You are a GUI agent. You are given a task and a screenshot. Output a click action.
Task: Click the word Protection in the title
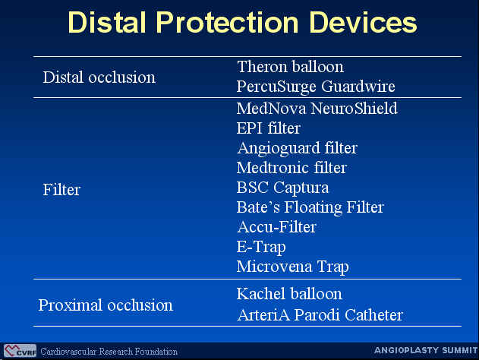(x=227, y=22)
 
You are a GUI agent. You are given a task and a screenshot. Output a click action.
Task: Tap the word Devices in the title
(x=363, y=22)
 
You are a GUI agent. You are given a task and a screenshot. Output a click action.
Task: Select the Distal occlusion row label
(x=99, y=77)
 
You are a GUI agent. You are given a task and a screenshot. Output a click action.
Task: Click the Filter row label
(x=61, y=189)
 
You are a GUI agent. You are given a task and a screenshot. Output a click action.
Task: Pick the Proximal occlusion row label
(x=106, y=305)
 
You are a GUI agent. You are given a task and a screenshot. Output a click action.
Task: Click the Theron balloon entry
(x=290, y=67)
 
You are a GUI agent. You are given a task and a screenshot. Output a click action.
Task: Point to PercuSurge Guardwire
(x=316, y=87)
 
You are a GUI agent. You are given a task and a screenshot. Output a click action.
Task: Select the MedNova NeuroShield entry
(x=317, y=108)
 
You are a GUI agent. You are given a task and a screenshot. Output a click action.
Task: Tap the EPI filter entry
(x=269, y=128)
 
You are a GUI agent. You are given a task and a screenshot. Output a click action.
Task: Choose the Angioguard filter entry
(x=298, y=148)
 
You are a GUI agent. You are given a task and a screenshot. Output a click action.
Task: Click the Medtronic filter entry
(x=291, y=168)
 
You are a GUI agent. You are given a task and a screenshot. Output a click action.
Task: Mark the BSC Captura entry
(x=282, y=188)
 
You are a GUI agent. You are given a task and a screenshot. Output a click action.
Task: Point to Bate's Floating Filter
(x=310, y=207)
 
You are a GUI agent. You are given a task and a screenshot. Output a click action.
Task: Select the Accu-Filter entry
(x=277, y=227)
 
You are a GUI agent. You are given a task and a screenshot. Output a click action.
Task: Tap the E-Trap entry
(x=261, y=247)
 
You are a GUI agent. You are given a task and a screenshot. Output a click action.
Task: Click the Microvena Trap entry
(x=293, y=267)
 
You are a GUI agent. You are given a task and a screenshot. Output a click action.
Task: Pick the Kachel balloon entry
(x=289, y=294)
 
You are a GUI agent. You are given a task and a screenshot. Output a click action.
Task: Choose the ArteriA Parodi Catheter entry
(x=320, y=315)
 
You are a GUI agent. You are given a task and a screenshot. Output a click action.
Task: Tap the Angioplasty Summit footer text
(x=426, y=350)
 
